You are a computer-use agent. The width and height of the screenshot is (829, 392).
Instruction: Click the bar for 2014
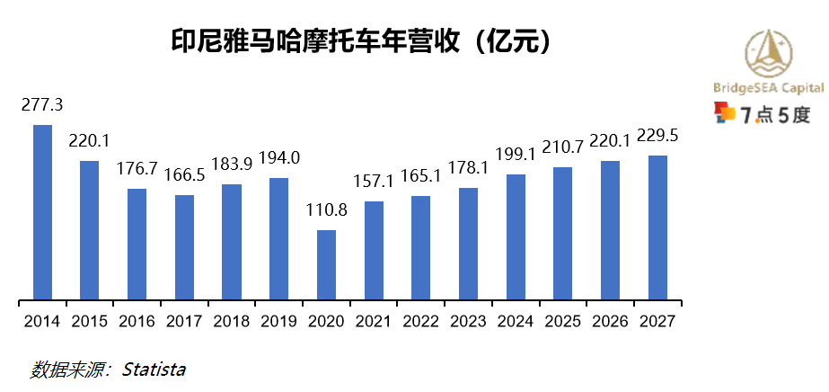click(x=42, y=211)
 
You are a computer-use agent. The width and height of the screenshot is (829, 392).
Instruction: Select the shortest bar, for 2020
click(x=326, y=264)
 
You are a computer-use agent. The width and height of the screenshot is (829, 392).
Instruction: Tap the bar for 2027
click(x=657, y=227)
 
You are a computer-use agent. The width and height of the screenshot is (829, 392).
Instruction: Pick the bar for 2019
click(x=279, y=238)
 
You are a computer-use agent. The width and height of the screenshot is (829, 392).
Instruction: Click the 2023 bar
click(x=468, y=243)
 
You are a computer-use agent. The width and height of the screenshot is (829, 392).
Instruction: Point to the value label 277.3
click(x=42, y=104)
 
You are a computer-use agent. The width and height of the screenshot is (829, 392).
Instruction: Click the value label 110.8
click(x=326, y=210)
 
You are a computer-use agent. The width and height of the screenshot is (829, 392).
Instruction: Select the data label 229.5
click(x=657, y=135)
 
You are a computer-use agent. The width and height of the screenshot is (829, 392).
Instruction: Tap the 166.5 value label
click(x=184, y=174)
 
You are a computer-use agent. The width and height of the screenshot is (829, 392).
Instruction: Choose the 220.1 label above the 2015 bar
click(x=90, y=140)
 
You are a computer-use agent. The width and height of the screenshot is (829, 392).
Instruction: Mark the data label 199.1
click(x=516, y=154)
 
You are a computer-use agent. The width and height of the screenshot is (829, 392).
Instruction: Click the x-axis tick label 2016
click(x=137, y=321)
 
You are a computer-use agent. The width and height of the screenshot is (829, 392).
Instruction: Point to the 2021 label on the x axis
click(x=374, y=321)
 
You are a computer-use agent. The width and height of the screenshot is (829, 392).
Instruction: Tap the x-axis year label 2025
click(x=562, y=321)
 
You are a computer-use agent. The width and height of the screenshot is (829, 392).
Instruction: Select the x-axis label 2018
click(x=232, y=321)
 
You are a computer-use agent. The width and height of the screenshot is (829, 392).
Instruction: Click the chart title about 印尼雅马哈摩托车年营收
click(x=360, y=41)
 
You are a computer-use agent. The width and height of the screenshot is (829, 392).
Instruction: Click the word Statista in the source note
click(x=154, y=370)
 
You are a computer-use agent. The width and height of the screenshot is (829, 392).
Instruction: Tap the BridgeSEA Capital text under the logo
click(x=768, y=88)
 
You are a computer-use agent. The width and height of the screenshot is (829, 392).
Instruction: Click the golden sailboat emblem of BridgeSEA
click(x=770, y=53)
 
